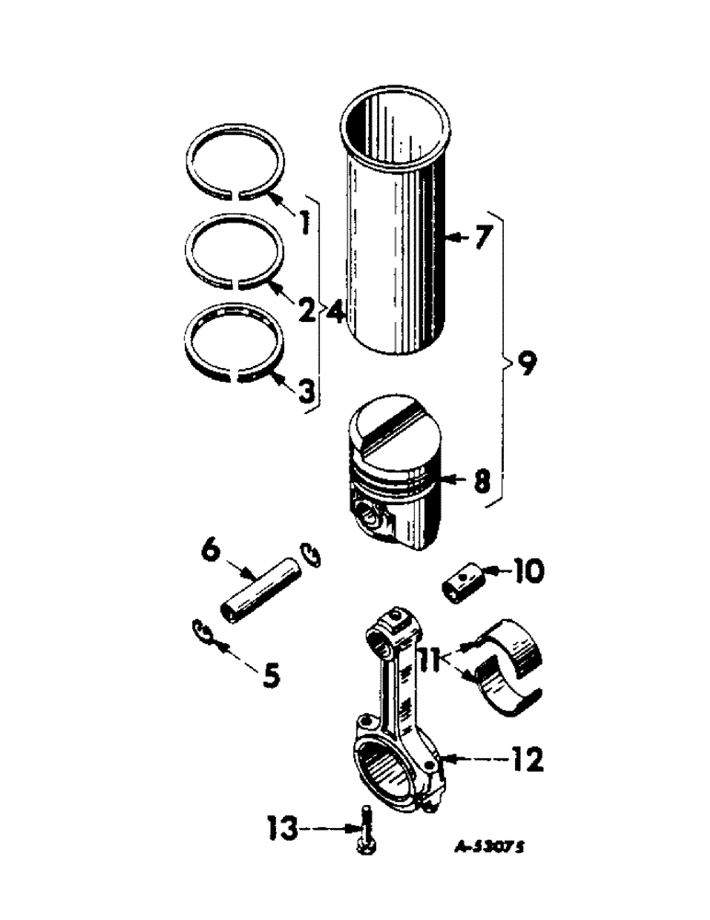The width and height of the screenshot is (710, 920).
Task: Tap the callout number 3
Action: coord(304,390)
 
